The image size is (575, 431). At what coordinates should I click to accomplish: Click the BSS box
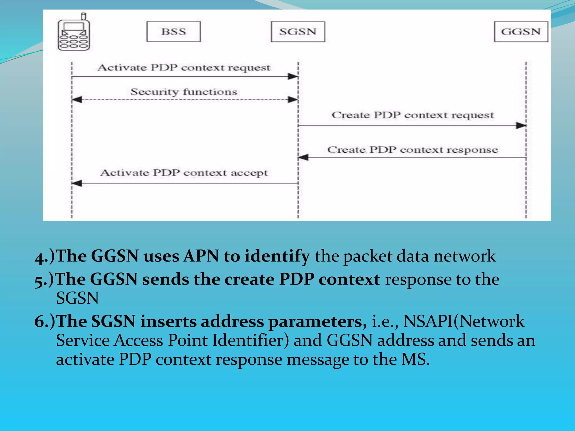(174, 32)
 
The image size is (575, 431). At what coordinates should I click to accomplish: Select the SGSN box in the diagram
(298, 32)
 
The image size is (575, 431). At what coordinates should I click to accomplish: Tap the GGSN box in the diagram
(521, 32)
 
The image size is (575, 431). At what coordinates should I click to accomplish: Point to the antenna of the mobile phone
(83, 16)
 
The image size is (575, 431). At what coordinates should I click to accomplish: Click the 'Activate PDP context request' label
(184, 68)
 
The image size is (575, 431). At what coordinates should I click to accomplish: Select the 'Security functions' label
(184, 92)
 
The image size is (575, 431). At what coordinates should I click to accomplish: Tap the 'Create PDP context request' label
(412, 115)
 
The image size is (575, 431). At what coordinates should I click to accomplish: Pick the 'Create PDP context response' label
(412, 150)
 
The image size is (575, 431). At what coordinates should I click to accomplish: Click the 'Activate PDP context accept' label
(184, 173)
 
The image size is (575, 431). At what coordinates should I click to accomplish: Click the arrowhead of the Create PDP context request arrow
(521, 125)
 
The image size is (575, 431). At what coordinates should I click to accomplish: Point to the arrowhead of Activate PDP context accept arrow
(77, 183)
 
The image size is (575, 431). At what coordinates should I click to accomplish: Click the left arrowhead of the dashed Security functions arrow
(77, 100)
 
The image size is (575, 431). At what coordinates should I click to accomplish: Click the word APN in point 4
(201, 256)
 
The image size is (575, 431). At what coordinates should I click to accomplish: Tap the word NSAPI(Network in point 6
(464, 321)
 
